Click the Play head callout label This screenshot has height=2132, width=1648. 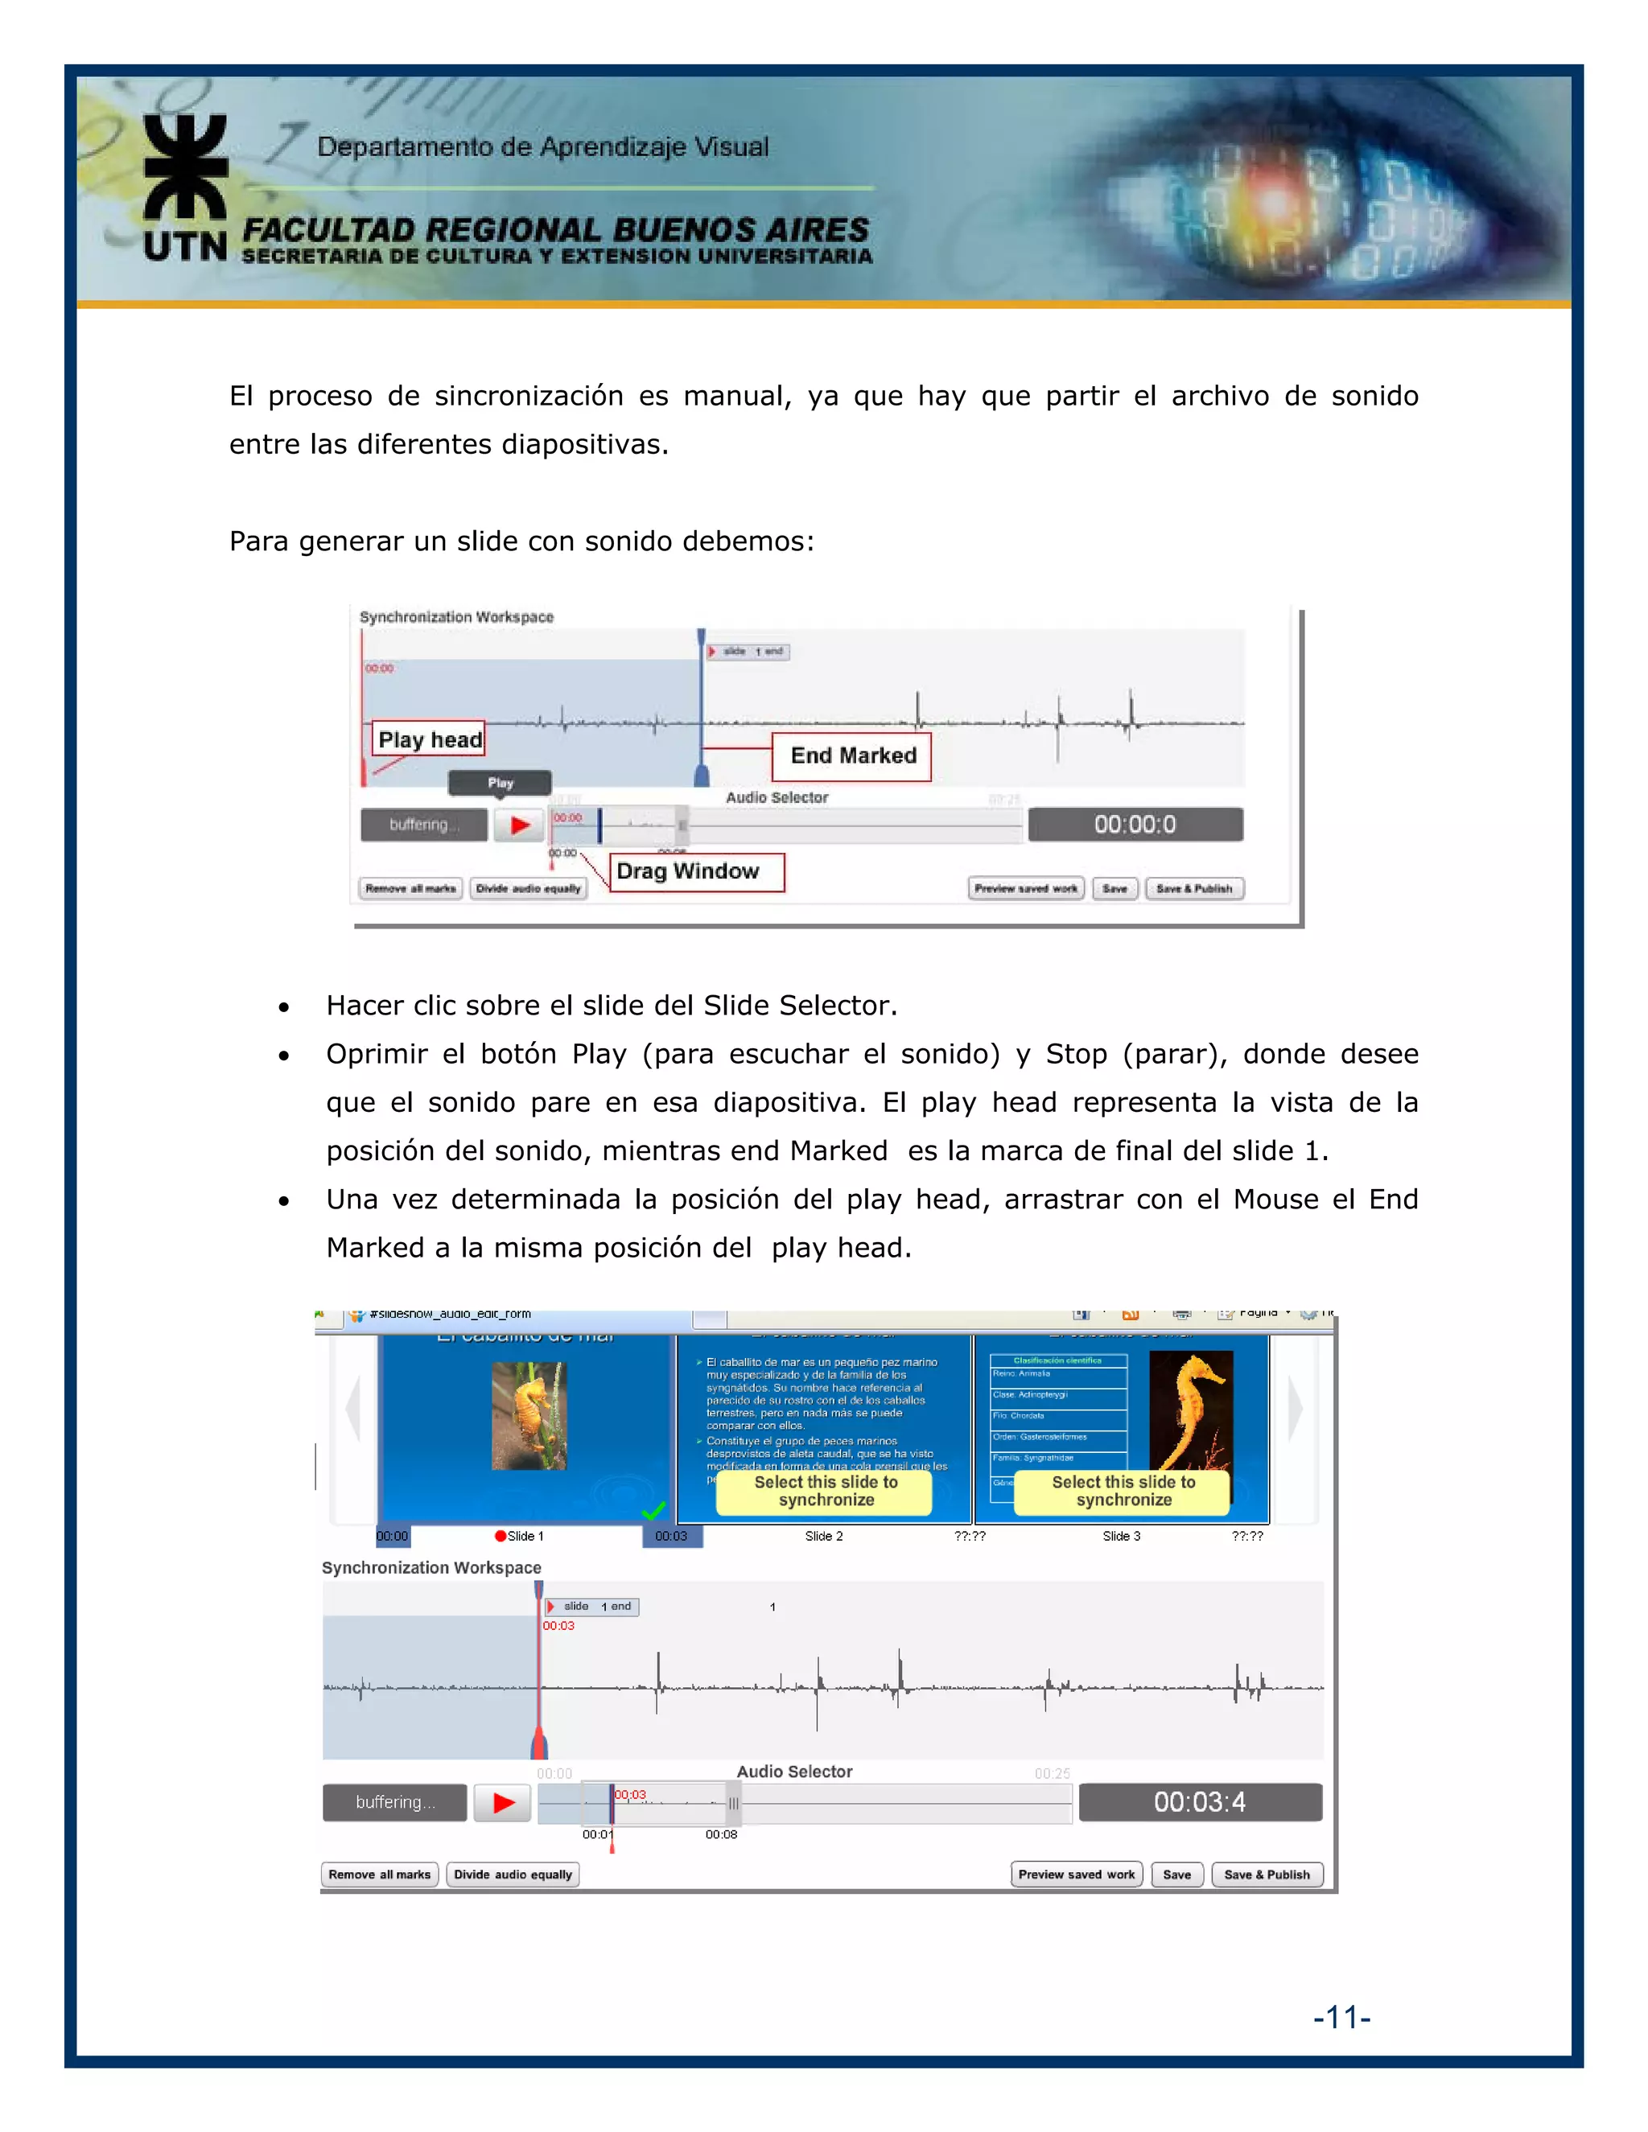coord(430,739)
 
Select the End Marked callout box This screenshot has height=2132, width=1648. coord(851,755)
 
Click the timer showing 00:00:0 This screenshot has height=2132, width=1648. coord(1135,824)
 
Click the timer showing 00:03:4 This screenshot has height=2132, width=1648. coord(1199,1802)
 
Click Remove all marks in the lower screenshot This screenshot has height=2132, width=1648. coord(379,1875)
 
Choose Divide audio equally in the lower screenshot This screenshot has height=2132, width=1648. coord(513,1875)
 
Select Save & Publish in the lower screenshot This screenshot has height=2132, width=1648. coord(1267,1875)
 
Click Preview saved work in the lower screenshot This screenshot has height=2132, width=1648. coord(1076,1875)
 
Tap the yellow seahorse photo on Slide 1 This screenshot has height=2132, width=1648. coord(528,1415)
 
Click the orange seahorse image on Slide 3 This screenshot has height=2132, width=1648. coord(1191,1410)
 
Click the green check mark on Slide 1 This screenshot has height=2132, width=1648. coord(653,1511)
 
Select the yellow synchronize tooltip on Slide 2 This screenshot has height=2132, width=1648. coord(825,1491)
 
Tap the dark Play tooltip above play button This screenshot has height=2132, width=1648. coord(500,782)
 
